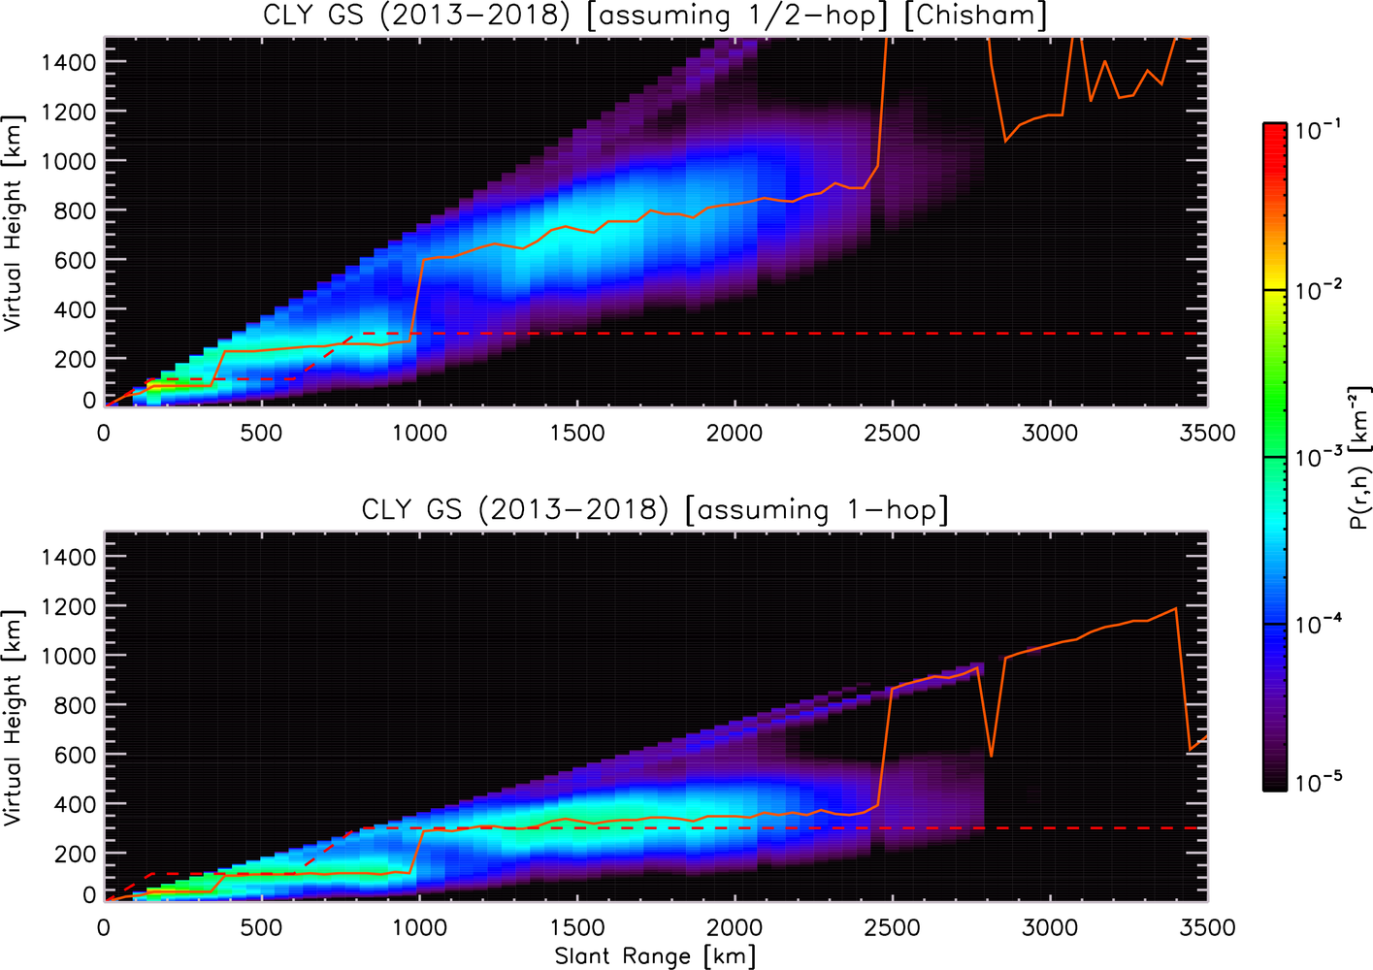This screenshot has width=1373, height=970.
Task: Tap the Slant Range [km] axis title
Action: tap(655, 955)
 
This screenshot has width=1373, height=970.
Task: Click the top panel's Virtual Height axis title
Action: tap(14, 223)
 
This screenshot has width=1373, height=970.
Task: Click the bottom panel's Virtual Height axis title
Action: tap(14, 718)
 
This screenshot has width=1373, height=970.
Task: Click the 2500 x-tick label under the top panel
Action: tap(892, 434)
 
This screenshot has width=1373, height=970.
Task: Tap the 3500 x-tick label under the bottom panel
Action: tap(1207, 927)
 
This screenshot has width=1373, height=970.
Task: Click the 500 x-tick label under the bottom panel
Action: tap(262, 927)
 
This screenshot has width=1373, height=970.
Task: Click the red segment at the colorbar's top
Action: tap(1274, 206)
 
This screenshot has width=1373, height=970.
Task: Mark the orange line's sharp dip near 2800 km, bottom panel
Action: tap(991, 756)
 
